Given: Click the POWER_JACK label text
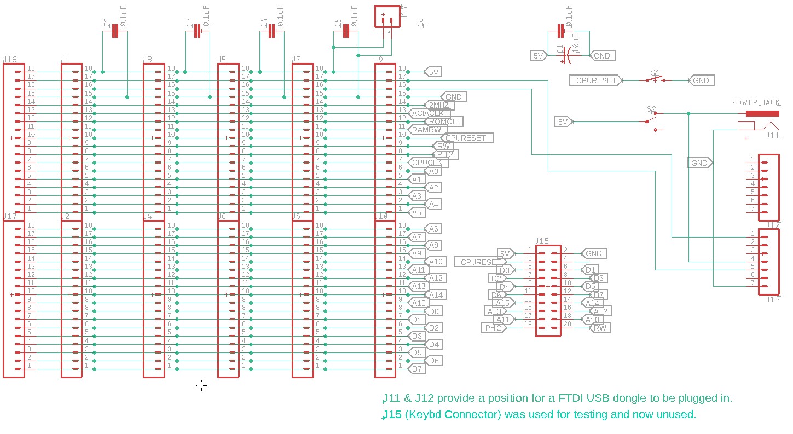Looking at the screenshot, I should point(756,102).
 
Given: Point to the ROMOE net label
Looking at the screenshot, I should point(443,121).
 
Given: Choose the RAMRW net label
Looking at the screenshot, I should point(426,130).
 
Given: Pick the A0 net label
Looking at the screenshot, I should point(433,171).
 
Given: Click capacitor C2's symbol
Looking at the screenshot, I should point(115,32).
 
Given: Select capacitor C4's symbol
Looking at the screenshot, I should point(271,32).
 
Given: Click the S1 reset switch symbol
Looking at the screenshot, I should point(655,80).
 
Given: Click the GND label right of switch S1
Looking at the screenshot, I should point(701,80).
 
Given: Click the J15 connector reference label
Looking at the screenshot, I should point(542,241).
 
